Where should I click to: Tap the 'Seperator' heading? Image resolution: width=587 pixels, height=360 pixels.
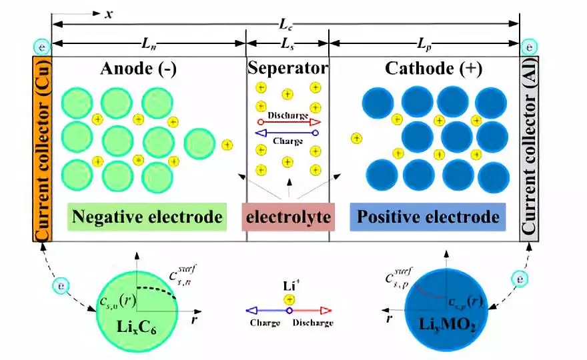[x=287, y=68]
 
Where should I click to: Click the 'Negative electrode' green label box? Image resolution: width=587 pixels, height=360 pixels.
[x=146, y=217]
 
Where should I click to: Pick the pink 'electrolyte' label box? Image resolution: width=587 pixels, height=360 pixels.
[x=287, y=217]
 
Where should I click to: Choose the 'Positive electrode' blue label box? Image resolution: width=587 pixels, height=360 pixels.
[x=428, y=217]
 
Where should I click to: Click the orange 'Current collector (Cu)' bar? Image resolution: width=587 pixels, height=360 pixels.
[x=41, y=149]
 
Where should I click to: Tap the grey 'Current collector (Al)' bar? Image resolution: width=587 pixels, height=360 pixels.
[x=529, y=149]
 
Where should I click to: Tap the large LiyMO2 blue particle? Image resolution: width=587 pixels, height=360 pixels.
[x=442, y=309]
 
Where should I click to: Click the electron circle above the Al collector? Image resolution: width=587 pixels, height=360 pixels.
[x=529, y=48]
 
